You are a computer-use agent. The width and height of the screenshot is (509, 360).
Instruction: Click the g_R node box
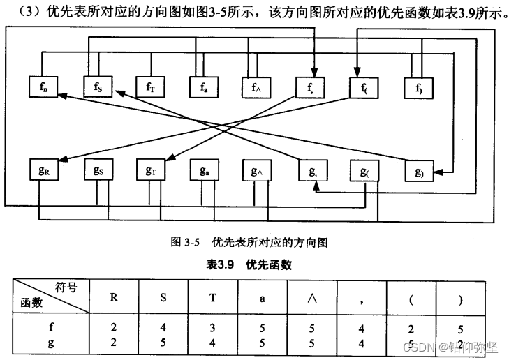click(44, 170)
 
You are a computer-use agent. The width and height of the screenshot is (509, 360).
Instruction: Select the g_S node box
click(97, 170)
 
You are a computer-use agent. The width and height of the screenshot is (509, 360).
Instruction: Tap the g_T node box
click(150, 170)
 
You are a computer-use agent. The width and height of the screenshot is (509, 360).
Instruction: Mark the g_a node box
click(203, 170)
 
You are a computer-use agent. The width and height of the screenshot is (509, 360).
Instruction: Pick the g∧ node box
click(256, 170)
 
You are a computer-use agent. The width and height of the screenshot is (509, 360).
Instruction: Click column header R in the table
click(114, 295)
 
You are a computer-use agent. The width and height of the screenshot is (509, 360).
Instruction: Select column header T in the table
click(212, 295)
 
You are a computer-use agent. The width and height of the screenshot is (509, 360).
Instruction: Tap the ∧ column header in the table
click(311, 295)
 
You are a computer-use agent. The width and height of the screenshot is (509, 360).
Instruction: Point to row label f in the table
click(51, 325)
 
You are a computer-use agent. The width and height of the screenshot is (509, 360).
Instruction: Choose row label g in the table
click(51, 343)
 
